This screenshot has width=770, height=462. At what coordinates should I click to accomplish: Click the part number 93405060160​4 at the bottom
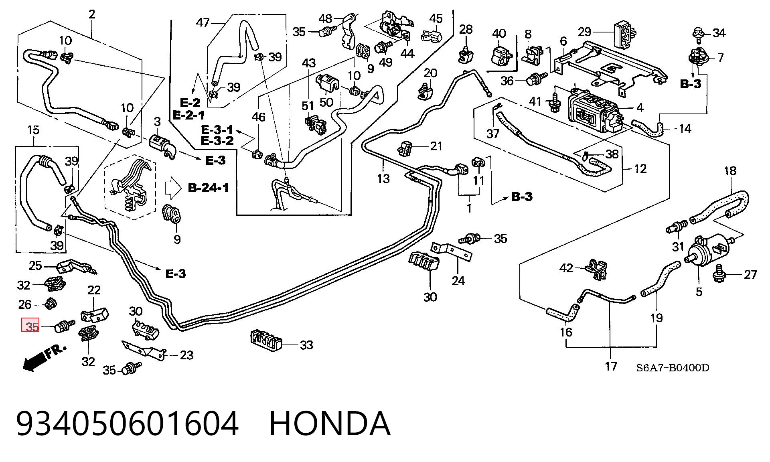(x=128, y=423)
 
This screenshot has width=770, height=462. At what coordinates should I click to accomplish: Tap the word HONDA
(x=329, y=423)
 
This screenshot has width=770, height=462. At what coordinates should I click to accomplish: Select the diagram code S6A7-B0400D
(x=673, y=368)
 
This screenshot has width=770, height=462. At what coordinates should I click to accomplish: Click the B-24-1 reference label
(x=209, y=188)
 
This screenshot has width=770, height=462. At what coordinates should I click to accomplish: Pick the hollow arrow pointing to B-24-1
(x=174, y=188)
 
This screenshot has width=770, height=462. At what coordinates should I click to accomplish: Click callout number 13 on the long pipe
(x=383, y=178)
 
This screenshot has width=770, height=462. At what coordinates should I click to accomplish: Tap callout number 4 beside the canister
(x=640, y=107)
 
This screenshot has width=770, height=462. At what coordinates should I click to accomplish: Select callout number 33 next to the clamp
(x=306, y=345)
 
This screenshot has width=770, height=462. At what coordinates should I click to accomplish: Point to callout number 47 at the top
(x=203, y=22)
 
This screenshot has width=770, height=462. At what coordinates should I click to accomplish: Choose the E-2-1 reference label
(x=188, y=115)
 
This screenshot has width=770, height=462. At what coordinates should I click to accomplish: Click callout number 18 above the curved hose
(x=730, y=171)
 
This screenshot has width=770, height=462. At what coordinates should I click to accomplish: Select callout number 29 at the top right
(x=585, y=32)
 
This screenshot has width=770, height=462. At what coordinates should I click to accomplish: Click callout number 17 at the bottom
(x=611, y=366)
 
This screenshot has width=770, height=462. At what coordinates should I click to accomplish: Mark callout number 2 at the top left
(x=92, y=14)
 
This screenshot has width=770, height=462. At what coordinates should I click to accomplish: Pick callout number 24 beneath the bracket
(x=458, y=281)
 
